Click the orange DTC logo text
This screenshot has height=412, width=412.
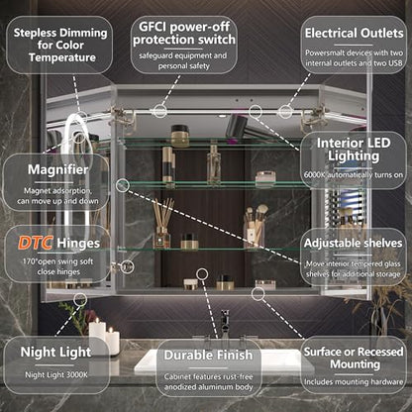tap(35, 243)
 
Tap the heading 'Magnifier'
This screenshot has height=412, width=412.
tap(57, 169)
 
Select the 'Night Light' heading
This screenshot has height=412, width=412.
tap(55, 353)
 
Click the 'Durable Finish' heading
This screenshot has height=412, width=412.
tap(208, 356)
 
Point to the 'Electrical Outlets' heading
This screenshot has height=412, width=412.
tap(354, 33)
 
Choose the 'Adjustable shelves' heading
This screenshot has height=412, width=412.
tap(353, 243)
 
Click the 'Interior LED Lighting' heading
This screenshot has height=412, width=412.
tap(354, 150)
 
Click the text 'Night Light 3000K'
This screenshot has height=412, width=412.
tap(56, 374)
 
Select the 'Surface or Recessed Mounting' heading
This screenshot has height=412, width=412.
tap(354, 358)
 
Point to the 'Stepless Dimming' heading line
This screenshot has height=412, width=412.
tap(60, 33)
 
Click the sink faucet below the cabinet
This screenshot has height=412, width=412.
tap(225, 325)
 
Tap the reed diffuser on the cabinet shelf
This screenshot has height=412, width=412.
tap(162, 223)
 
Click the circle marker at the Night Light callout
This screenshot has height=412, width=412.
tap(80, 299)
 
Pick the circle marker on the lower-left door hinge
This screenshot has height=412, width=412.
tap(128, 266)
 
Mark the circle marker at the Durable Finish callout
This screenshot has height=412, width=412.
tap(202, 273)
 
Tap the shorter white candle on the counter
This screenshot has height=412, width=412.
tap(113, 341)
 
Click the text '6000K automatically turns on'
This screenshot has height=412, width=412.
tap(354, 174)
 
